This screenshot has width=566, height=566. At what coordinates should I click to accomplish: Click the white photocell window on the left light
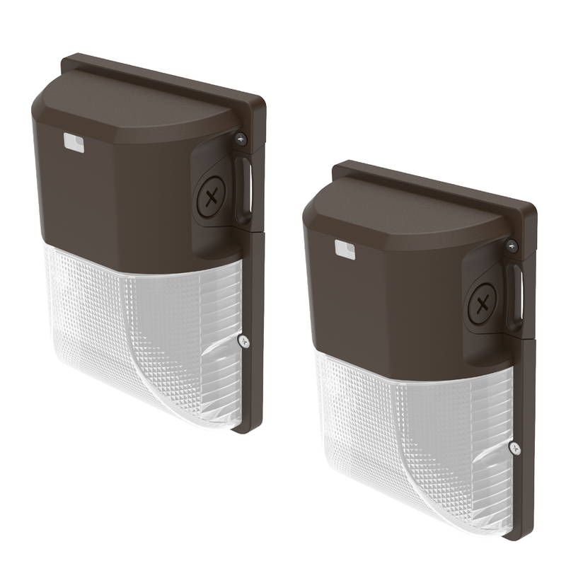pos(74,144)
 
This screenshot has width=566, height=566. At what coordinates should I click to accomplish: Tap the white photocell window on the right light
pos(344,250)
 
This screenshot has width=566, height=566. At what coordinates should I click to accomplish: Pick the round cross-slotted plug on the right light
pos(483,305)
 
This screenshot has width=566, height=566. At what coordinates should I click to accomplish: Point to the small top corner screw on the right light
pos(511,245)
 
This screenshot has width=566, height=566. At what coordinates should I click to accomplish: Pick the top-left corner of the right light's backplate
pos(335,164)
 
